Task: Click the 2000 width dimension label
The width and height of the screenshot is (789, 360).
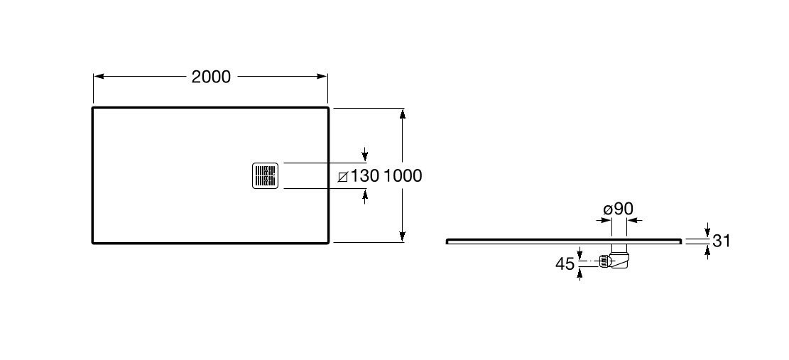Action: coord(211,77)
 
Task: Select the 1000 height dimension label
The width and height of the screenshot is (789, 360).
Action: coord(403,175)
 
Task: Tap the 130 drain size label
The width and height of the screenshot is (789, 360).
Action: coord(365,175)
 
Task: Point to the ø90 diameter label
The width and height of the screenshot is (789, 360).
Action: coord(618,209)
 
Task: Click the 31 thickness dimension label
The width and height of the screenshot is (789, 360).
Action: coord(722,241)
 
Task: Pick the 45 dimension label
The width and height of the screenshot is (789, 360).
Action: coord(565,264)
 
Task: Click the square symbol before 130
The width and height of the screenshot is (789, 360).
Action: coord(343,176)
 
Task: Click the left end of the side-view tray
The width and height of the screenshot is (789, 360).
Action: coord(447,241)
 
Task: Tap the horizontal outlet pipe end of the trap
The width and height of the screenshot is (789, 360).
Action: coord(604,262)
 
